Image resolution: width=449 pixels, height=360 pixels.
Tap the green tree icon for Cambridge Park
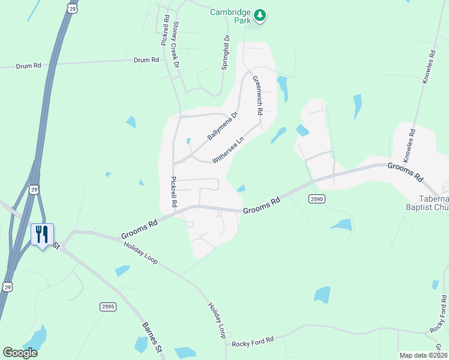click(x=259, y=14)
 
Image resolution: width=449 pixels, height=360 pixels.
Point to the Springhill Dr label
click(x=226, y=52)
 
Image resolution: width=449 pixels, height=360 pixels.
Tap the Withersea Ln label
click(x=228, y=149)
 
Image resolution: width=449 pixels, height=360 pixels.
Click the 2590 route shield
click(x=317, y=199)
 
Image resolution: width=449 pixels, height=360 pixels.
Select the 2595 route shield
click(x=107, y=307)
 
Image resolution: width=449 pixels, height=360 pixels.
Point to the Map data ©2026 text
click(x=423, y=355)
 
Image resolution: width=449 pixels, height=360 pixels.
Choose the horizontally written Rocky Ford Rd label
click(x=253, y=340)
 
